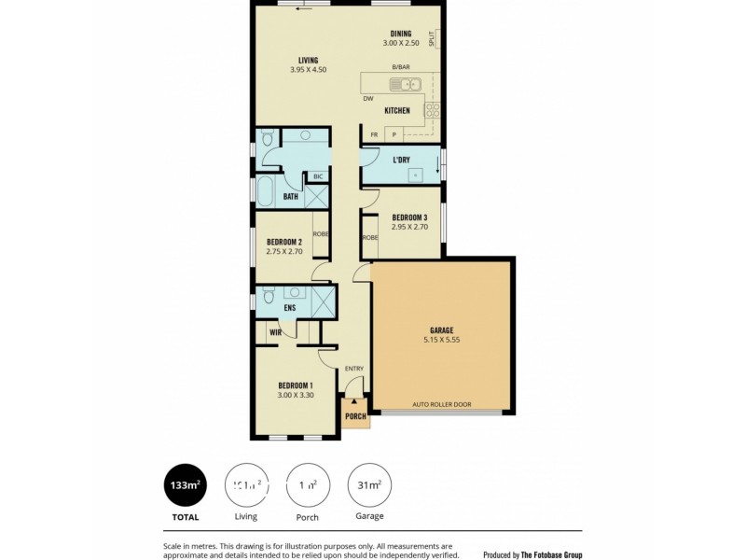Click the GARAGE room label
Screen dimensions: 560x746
click(441, 330)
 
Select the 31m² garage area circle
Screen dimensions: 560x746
click(368, 484)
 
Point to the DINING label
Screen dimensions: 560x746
click(401, 34)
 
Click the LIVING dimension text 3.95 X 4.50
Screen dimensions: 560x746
click(308, 69)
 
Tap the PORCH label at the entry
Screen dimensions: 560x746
click(355, 416)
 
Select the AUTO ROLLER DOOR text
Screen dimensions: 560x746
click(442, 405)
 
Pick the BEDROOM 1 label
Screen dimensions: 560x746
click(296, 385)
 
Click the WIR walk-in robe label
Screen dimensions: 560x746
click(276, 331)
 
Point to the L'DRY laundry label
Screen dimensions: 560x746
click(402, 160)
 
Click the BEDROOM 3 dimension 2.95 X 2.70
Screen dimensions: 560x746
click(409, 226)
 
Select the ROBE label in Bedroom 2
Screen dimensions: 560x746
click(320, 233)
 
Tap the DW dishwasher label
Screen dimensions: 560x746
click(368, 98)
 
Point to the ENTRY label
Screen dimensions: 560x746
click(354, 369)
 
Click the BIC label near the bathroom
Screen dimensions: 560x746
click(318, 176)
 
